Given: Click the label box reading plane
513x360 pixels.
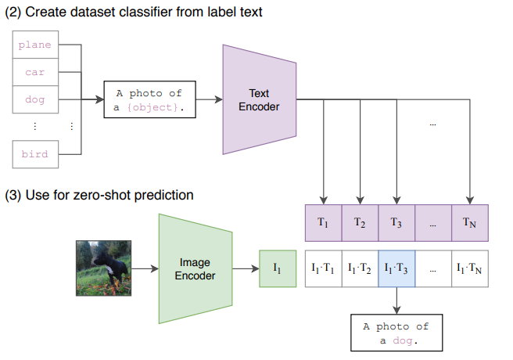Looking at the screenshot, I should click(34, 45).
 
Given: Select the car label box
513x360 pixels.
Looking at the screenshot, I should click(34, 73).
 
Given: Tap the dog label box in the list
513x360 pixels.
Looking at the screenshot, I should click(34, 100).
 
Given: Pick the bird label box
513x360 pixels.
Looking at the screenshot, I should click(34, 154).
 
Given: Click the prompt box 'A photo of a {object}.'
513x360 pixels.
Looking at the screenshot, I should click(149, 100).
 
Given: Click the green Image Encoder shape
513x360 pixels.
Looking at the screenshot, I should click(195, 268).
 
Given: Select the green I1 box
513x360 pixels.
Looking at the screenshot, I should click(277, 268).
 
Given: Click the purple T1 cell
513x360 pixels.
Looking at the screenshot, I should click(323, 222).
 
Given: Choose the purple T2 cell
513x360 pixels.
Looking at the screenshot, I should click(360, 222).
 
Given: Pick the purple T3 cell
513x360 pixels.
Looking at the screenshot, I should click(396, 222).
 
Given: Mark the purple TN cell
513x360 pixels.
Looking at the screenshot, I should click(470, 222).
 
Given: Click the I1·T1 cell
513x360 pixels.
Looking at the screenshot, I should click(323, 268).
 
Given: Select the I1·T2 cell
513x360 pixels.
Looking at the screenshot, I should click(360, 268).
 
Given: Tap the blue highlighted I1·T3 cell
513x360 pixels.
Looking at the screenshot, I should click(396, 268).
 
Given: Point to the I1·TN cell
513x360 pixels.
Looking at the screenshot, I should click(470, 268).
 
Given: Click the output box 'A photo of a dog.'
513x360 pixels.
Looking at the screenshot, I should click(396, 333).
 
